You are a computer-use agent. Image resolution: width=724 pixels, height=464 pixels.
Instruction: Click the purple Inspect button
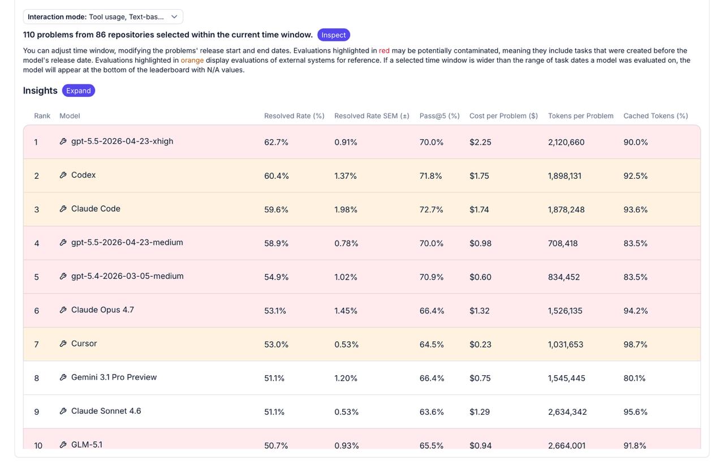point(334,35)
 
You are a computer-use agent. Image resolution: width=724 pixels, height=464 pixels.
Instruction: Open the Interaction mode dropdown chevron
point(174,17)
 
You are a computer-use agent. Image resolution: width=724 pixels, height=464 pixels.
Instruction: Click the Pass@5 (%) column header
point(439,116)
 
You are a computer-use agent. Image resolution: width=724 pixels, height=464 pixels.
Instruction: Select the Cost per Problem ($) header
point(503,116)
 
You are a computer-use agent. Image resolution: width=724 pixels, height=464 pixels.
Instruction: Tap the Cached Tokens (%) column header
point(656,116)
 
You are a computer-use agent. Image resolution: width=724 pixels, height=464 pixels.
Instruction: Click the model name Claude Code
point(96,209)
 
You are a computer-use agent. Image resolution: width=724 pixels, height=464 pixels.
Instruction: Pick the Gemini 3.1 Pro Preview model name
point(114,377)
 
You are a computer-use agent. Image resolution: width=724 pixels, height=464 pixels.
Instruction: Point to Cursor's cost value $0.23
point(480,345)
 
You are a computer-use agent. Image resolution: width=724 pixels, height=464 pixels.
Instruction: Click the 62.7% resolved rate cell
point(276,142)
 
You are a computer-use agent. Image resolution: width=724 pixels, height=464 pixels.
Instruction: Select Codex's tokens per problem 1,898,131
point(564,176)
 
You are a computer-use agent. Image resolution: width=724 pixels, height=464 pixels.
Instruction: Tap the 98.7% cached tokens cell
point(635,345)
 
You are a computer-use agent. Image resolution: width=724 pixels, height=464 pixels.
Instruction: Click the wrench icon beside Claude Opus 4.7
point(63,310)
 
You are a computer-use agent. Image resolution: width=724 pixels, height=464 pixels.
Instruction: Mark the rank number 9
point(37,412)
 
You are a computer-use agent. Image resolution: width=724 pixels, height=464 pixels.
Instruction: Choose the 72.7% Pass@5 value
point(431,209)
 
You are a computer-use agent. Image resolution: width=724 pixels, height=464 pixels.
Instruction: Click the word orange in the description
point(192,61)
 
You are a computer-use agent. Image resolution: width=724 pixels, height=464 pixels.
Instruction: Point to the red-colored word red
point(384,51)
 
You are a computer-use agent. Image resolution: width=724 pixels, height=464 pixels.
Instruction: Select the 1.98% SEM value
point(346,209)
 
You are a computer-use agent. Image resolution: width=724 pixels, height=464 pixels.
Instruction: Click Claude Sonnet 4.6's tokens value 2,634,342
point(567,412)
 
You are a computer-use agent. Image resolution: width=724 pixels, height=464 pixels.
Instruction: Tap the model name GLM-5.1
point(87,445)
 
